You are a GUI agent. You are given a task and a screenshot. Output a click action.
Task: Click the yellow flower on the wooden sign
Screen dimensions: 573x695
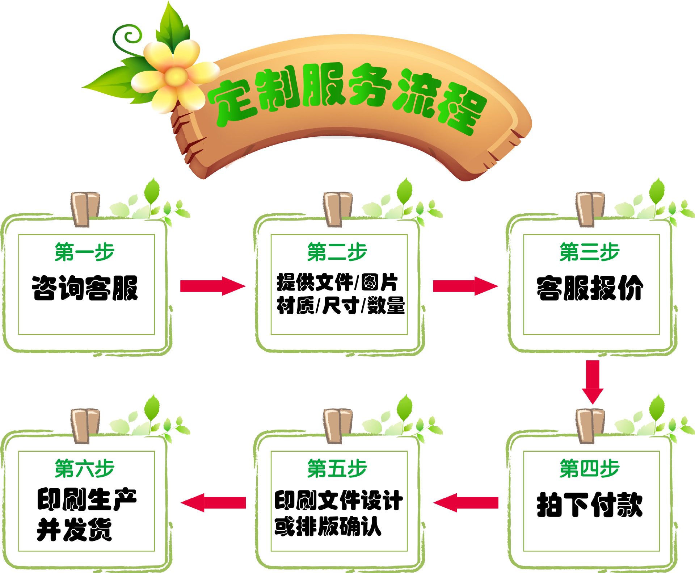click(x=176, y=76)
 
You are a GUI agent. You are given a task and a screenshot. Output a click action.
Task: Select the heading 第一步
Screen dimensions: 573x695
click(x=84, y=252)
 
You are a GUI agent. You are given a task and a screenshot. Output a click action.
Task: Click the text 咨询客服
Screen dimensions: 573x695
click(x=85, y=288)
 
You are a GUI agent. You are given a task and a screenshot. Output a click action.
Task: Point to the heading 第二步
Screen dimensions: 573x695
click(x=337, y=252)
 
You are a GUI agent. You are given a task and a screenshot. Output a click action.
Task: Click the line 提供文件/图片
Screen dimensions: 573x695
click(x=337, y=283)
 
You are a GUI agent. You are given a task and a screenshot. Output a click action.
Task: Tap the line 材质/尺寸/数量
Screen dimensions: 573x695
click(x=340, y=305)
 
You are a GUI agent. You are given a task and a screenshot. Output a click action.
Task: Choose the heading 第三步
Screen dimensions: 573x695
click(x=589, y=252)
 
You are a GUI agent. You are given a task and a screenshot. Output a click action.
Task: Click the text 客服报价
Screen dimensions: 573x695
click(x=590, y=288)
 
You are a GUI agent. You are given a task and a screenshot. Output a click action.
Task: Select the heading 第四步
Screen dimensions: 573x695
click(x=589, y=468)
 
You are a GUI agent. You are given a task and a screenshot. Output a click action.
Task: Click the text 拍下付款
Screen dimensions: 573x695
click(x=590, y=505)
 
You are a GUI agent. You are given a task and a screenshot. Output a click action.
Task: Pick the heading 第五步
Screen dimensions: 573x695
click(x=337, y=468)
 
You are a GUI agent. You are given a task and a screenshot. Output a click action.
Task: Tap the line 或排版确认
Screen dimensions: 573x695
click(x=328, y=526)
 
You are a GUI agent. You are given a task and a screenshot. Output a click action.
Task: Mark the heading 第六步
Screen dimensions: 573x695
click(x=84, y=468)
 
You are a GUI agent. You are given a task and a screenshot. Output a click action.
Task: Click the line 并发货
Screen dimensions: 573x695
click(x=74, y=530)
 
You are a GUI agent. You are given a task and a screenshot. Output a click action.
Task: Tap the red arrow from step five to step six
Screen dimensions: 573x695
click(x=214, y=503)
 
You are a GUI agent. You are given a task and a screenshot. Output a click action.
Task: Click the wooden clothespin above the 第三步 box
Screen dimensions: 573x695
click(x=590, y=209)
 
